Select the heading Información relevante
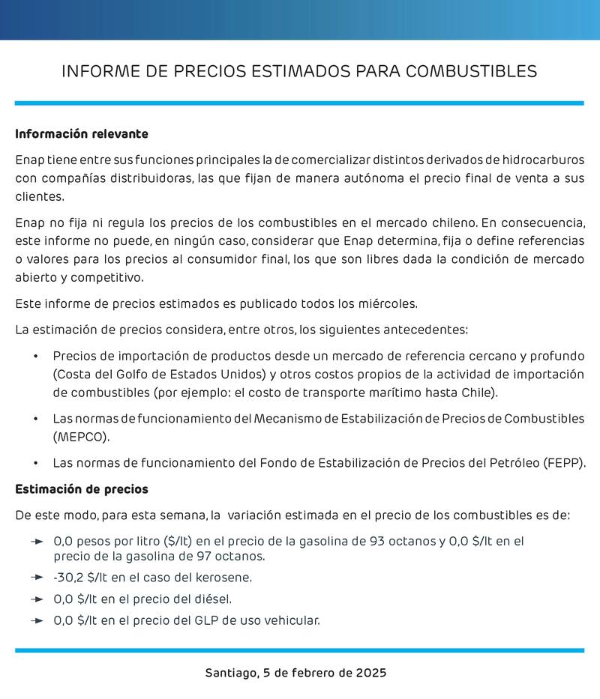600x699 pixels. (x=82, y=134)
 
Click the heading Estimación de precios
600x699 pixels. (x=82, y=489)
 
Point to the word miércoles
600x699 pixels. (x=388, y=303)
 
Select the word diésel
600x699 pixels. (x=213, y=599)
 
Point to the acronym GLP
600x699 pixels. (x=223, y=620)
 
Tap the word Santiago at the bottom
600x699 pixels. (x=230, y=673)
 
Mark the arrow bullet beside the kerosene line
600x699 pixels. (x=37, y=577)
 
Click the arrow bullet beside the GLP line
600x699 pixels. (x=37, y=620)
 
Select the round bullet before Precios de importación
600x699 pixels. (x=36, y=356)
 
